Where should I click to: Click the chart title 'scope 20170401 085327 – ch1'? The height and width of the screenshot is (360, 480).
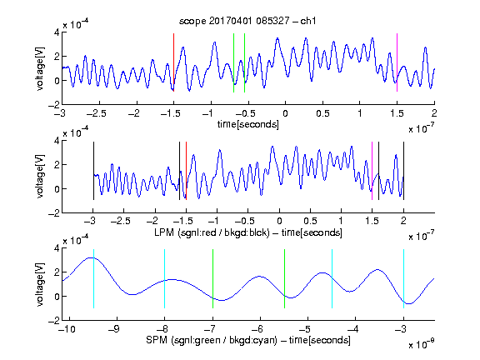point(247,21)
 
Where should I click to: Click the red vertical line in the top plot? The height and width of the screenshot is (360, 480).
point(173,62)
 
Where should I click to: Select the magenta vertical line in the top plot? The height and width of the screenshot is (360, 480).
point(397,62)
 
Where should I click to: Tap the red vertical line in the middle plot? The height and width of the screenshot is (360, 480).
point(186,171)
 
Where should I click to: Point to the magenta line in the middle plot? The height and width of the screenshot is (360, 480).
point(372,171)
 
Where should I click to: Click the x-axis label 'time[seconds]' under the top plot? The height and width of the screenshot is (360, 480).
point(248,124)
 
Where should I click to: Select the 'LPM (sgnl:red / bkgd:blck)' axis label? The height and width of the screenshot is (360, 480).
point(212,232)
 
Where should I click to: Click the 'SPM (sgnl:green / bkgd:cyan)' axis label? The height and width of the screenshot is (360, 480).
point(212,340)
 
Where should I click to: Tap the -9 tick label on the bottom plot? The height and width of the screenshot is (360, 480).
point(114,329)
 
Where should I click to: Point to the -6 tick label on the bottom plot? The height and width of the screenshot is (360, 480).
point(260,329)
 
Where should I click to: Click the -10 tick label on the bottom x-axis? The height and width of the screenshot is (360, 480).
point(67,329)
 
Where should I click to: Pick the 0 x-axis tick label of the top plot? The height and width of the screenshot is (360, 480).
point(285,113)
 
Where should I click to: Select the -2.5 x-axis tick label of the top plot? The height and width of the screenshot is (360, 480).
point(97,113)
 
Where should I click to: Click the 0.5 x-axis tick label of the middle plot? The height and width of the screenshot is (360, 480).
point(310,221)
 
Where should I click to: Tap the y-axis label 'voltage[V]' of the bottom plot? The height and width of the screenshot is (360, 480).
point(40,284)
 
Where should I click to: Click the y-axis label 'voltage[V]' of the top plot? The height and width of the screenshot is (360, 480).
point(40,68)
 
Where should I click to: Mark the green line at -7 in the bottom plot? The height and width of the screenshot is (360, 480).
point(212,279)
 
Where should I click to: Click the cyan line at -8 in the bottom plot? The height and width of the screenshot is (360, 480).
point(165,279)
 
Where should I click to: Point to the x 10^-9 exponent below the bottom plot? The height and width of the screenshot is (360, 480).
point(421,343)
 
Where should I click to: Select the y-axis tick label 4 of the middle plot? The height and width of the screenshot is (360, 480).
point(57,141)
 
